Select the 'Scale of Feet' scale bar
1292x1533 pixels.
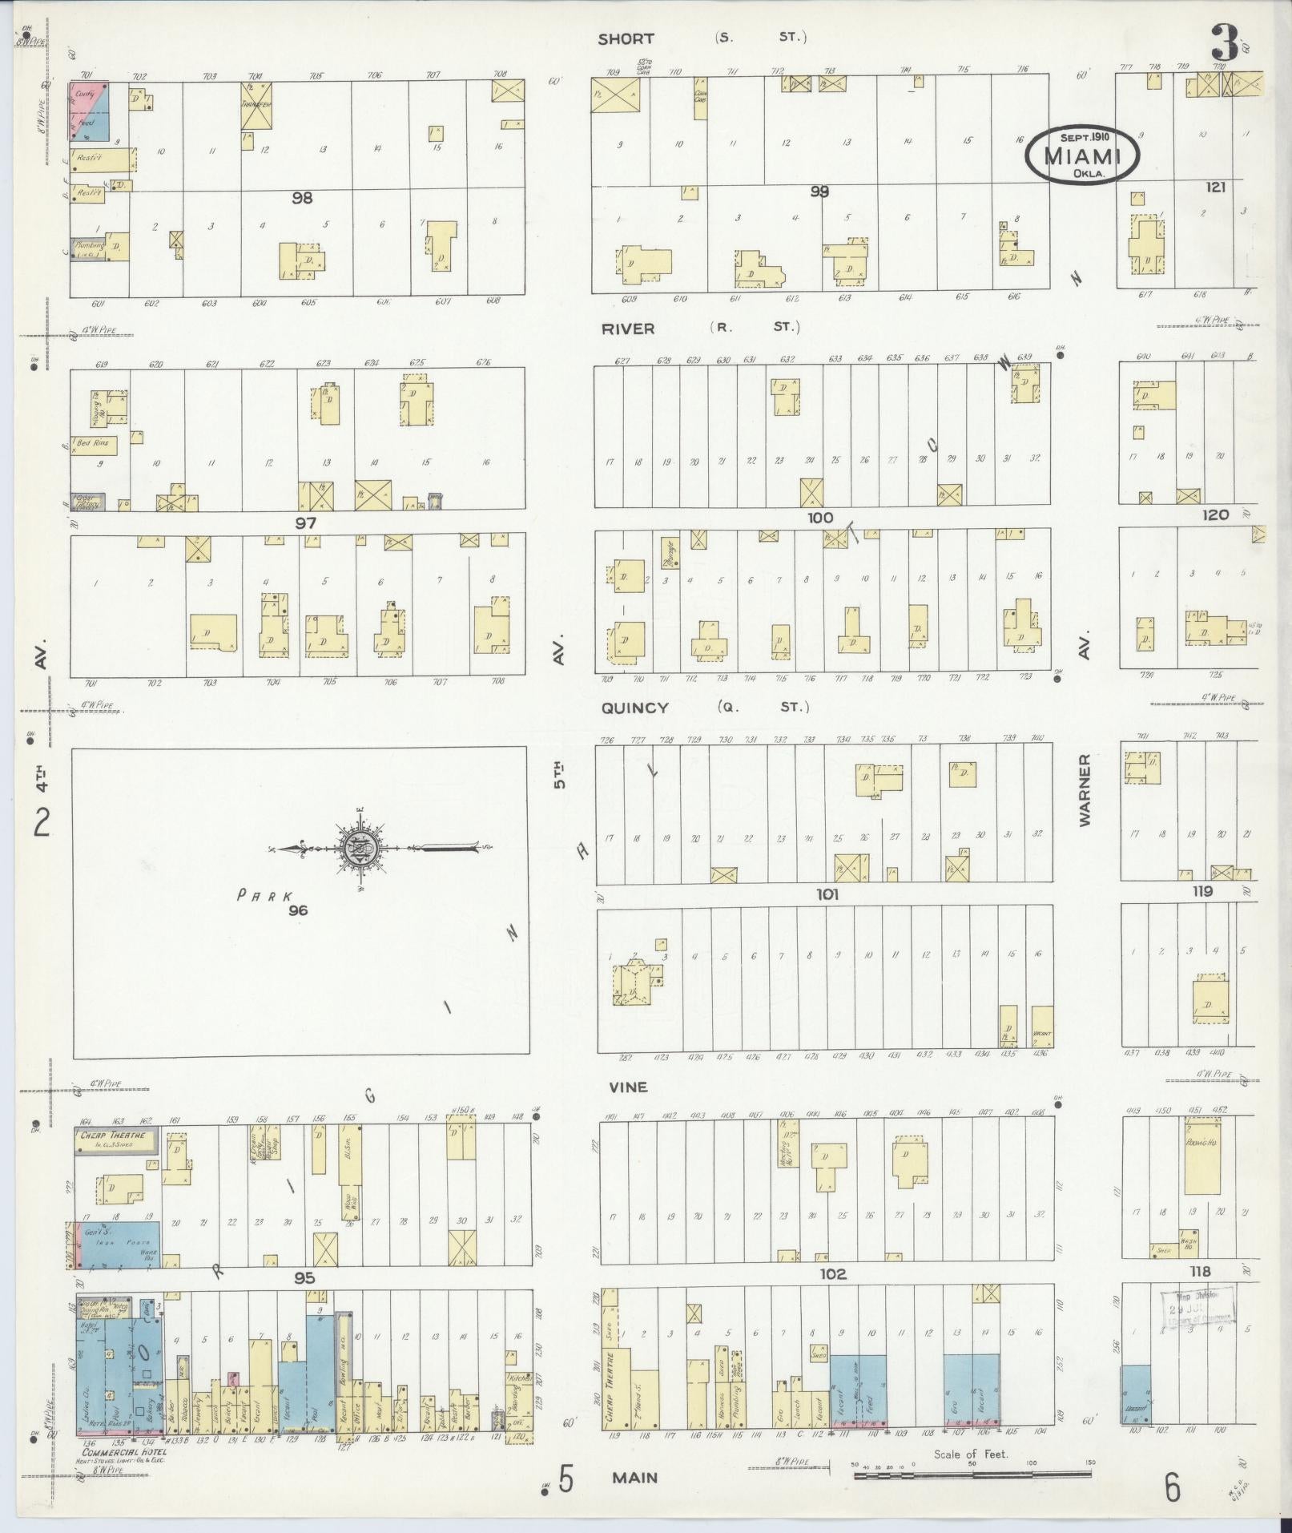971,1473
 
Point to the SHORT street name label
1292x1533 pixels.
626,38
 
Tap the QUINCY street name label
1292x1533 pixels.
638,708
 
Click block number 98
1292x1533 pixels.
302,197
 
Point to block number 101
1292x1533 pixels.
827,894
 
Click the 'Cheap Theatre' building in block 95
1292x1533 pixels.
116,1140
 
